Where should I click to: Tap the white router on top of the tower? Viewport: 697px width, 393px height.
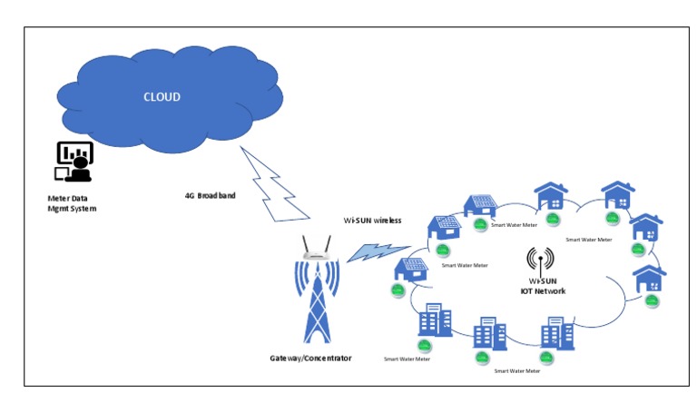click(316, 250)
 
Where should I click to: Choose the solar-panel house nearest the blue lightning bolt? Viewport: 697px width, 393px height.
click(410, 270)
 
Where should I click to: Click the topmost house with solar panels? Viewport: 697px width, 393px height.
click(478, 205)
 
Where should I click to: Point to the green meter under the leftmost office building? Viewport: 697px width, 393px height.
click(423, 345)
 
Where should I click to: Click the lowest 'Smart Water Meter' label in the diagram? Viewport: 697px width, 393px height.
click(515, 370)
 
